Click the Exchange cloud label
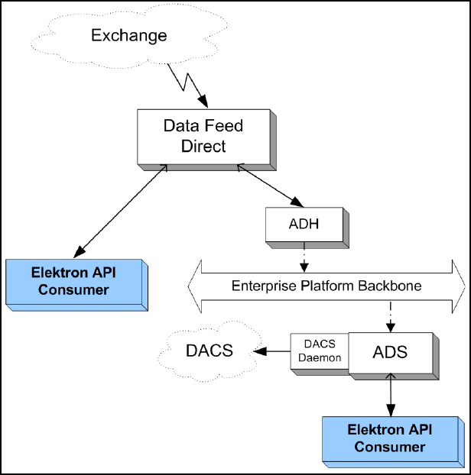tap(129, 36)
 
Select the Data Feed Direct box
tap(206, 140)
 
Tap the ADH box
tap(307, 228)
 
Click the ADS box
tap(394, 356)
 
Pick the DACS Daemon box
tap(320, 354)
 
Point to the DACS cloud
tap(210, 351)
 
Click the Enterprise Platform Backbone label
tap(326, 286)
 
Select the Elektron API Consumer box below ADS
tap(393, 442)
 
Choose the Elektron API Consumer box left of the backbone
tap(76, 285)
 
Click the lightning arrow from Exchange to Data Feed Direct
tap(187, 85)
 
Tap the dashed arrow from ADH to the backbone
tap(304, 257)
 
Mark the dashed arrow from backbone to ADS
tap(391, 317)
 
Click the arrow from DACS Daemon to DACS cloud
tap(271, 351)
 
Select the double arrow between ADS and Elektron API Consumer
tap(391, 395)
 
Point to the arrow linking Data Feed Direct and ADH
tap(270, 186)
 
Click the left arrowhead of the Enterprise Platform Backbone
tap(195, 286)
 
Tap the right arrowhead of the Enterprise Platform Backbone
tap(459, 286)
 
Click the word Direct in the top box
tap(203, 147)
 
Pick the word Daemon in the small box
tap(320, 357)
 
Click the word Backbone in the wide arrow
tap(390, 286)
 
